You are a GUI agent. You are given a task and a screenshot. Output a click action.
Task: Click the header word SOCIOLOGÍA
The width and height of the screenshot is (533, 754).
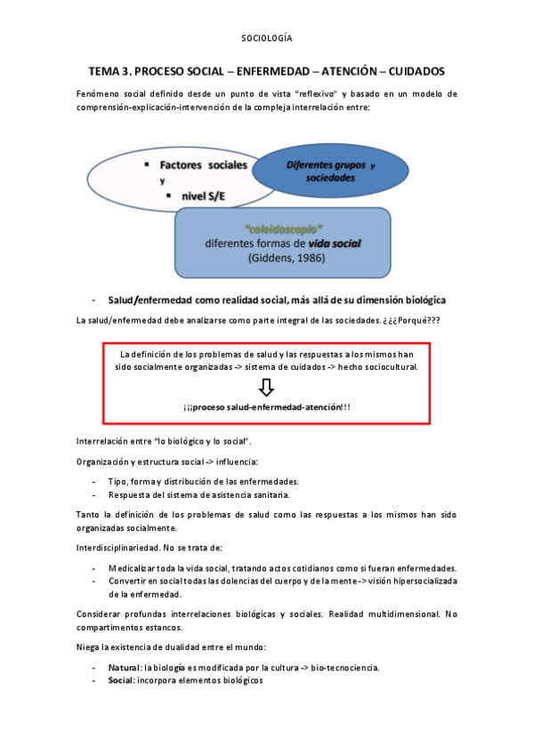(267, 38)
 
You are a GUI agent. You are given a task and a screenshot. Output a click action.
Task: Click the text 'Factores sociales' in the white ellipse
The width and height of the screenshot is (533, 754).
(204, 165)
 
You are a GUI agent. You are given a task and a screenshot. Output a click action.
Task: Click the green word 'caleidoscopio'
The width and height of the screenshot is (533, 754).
(283, 229)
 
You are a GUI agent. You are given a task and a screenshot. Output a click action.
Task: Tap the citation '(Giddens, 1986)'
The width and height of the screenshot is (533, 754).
(283, 259)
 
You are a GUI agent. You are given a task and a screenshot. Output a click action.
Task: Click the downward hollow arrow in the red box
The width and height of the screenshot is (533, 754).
(267, 387)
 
